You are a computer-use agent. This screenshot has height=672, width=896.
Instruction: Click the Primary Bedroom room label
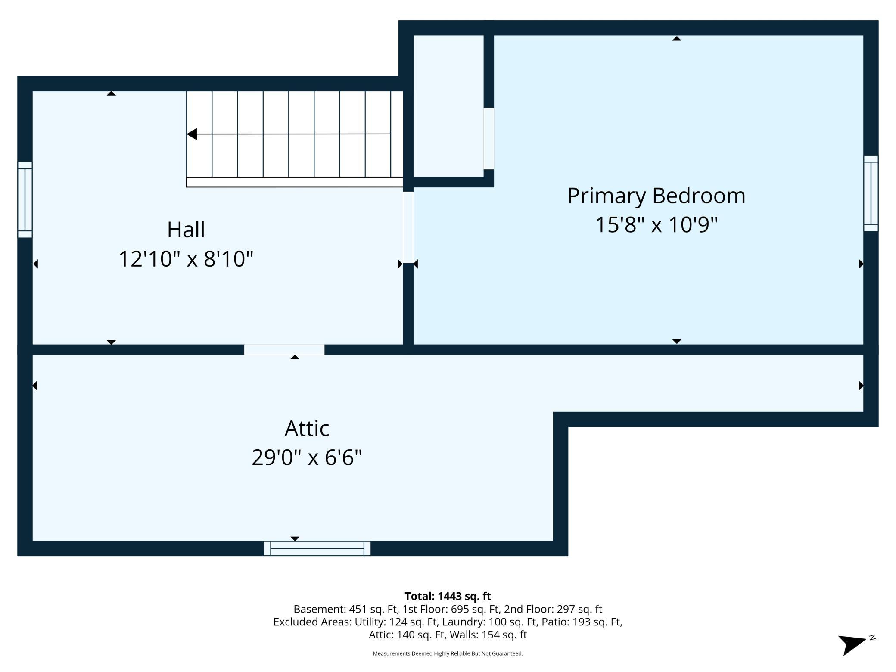point(656,196)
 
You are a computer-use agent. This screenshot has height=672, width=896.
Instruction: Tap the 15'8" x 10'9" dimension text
point(656,225)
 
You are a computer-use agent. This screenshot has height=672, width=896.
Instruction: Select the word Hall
point(186,230)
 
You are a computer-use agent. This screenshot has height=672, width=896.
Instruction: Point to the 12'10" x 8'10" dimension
point(186,259)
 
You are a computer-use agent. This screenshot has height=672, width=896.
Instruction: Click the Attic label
point(307,429)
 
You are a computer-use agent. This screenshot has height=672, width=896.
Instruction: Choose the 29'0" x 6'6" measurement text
point(307,457)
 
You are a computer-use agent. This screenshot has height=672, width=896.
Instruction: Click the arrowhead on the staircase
point(192,134)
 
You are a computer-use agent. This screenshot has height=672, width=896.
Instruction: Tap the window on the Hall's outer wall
point(25,200)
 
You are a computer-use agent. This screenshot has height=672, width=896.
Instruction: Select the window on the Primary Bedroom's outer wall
point(871,193)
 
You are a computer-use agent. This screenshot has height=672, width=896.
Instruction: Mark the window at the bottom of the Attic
point(317,548)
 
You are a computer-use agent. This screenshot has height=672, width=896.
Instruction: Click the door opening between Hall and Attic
point(284,350)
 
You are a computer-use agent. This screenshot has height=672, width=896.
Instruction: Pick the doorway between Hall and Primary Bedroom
point(408,227)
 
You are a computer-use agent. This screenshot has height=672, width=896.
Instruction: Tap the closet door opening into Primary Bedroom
point(488,139)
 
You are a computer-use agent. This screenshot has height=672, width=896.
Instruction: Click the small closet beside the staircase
point(448,106)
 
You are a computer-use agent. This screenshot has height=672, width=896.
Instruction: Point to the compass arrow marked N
point(853,644)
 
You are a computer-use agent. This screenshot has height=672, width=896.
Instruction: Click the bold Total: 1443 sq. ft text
point(448,596)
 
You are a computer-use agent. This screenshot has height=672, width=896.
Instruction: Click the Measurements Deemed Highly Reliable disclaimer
point(448,653)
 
